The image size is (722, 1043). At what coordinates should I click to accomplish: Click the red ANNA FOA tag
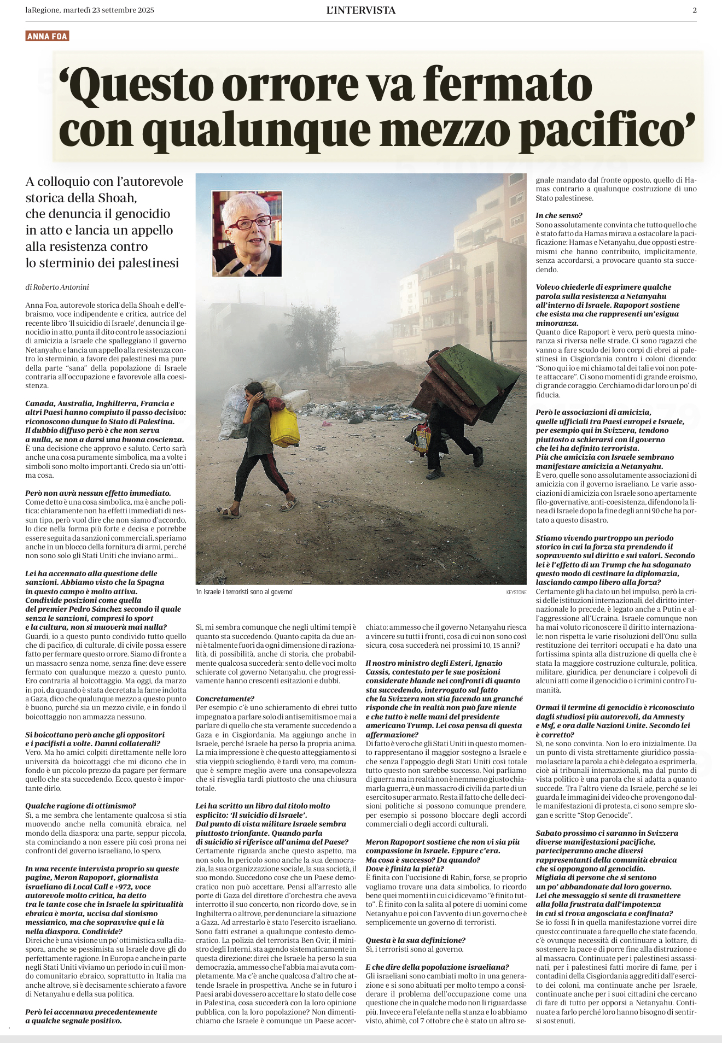47,37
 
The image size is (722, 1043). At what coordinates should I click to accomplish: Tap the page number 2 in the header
694,10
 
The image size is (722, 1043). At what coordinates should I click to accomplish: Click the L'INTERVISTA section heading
360,10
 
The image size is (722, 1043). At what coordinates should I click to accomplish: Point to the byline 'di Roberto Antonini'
57,287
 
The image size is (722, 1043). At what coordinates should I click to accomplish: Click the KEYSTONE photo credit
516,592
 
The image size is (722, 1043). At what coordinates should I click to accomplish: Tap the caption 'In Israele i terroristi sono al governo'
244,592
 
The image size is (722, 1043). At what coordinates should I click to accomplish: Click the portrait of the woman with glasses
247,233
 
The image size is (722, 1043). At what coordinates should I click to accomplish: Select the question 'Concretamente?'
217,699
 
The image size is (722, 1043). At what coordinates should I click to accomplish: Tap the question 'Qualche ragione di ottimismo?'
80,806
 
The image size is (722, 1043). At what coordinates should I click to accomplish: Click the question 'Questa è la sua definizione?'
415,940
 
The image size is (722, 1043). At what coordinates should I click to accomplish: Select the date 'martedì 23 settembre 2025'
108,10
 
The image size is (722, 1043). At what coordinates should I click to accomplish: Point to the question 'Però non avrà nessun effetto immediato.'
98,493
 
